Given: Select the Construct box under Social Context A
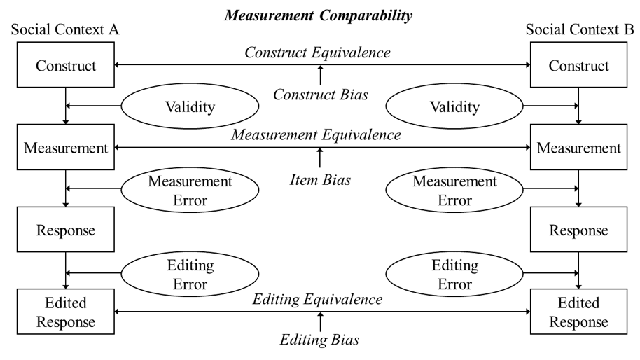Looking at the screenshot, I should point(65,65).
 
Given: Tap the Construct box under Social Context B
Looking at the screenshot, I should point(578,65).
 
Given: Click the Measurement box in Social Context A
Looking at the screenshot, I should point(65,148).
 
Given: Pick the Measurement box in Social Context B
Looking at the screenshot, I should point(578,148).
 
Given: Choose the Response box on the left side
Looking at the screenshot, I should point(65,230).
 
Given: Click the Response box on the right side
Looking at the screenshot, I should point(578,230).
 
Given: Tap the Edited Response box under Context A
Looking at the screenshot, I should point(65,313).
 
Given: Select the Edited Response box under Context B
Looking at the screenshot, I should point(578,313).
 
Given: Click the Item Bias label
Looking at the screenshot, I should point(319,180).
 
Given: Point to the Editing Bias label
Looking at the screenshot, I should point(319,341).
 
